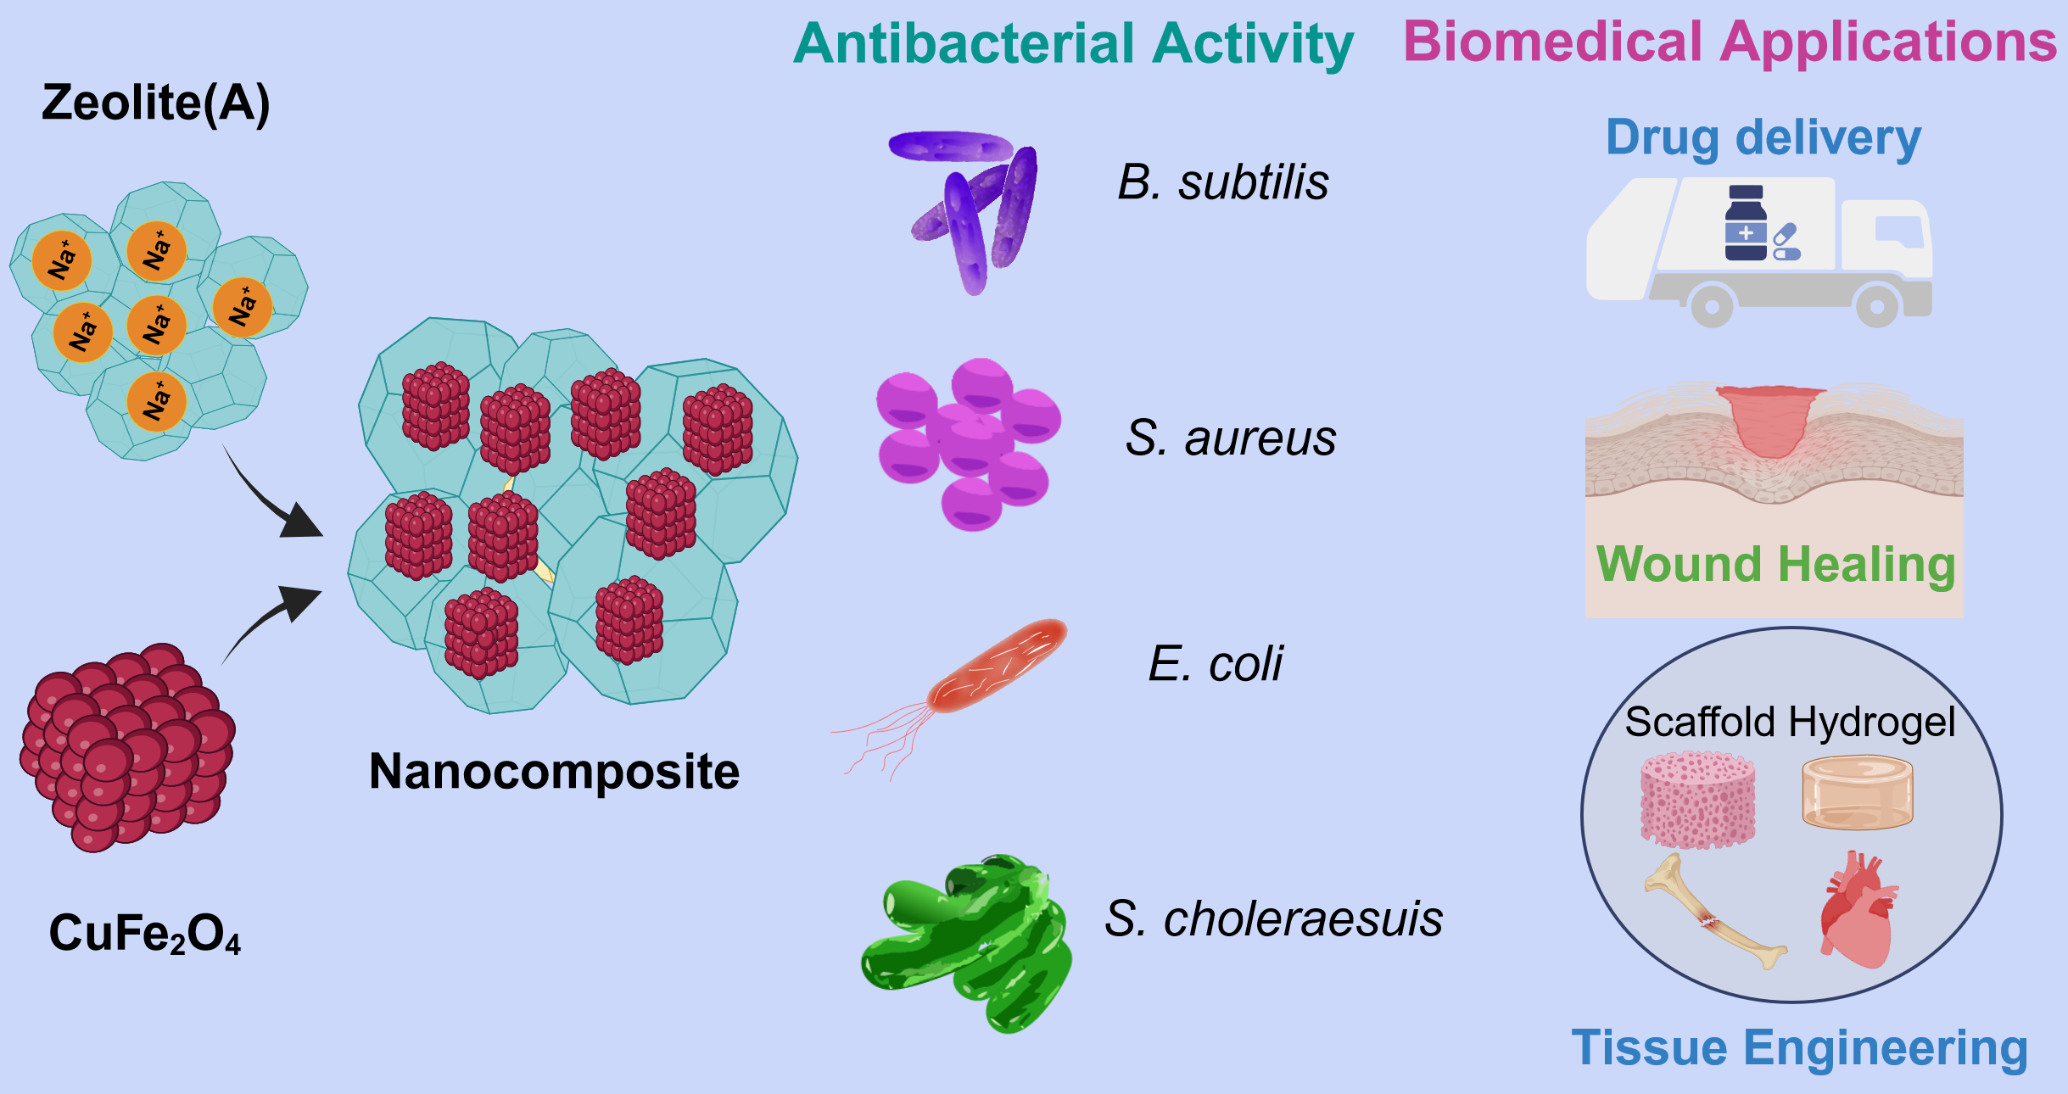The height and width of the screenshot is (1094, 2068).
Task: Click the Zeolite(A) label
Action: coord(156,103)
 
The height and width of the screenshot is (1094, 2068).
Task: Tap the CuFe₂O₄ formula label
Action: coord(145,934)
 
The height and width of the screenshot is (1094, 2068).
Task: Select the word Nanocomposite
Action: coord(554,772)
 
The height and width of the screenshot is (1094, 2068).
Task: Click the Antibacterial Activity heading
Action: coord(1073,44)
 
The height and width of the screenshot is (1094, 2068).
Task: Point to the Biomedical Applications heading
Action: coord(1730,42)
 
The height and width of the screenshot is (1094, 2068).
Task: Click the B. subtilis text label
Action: coord(1222,182)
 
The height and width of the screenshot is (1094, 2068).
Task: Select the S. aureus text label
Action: coord(1230,438)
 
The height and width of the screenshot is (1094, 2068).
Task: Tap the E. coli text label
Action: coord(1215,663)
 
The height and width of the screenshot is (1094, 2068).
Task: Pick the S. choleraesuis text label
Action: coord(1273,918)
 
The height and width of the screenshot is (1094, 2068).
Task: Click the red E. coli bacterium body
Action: coord(997,667)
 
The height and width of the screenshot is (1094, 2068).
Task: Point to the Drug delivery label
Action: coord(1763,137)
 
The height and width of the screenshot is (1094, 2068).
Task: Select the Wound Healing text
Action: coord(1775,564)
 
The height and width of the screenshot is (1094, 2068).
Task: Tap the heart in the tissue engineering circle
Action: coord(1858,913)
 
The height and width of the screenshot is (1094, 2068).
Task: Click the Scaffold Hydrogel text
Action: coord(1790,723)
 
